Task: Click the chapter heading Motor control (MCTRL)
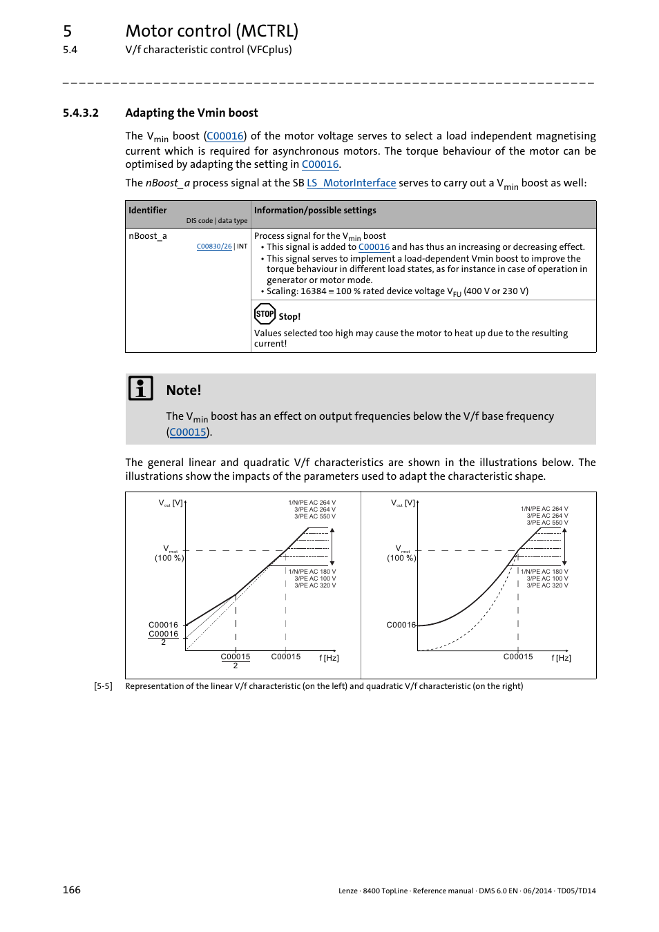tap(211, 31)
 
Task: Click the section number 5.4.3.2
tap(80, 113)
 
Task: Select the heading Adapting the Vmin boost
tap(191, 113)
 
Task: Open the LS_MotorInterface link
tap(351, 183)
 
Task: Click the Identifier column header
tap(148, 211)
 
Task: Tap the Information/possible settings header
tap(315, 211)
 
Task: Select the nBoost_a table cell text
tap(148, 236)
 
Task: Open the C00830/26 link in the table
tap(214, 246)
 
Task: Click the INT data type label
tap(242, 246)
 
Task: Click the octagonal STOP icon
tap(265, 314)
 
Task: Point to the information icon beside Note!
tap(141, 389)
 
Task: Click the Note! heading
tap(184, 391)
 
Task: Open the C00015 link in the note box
tap(188, 432)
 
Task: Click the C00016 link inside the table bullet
tap(374, 247)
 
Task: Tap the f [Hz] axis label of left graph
tap(329, 658)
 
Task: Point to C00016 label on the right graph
tap(401, 625)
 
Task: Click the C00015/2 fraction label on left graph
tap(236, 661)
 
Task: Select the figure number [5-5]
tap(103, 686)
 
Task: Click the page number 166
tap(72, 890)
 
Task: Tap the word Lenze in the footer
tap(347, 891)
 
